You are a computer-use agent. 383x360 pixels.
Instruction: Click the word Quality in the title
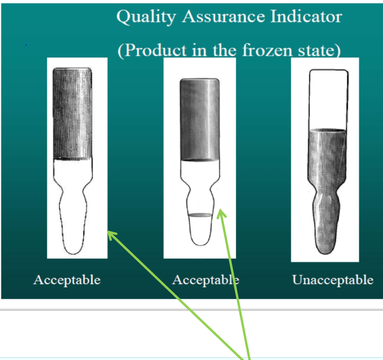tap(146, 18)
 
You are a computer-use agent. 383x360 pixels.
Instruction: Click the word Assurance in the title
tap(223, 17)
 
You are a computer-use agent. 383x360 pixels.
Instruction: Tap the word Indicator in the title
tap(307, 17)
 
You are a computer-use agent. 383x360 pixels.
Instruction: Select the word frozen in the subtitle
tap(267, 50)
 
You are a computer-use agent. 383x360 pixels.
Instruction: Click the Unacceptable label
tap(333, 280)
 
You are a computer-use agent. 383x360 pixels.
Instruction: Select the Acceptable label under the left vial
tap(67, 280)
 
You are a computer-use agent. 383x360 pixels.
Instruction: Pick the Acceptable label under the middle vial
tap(206, 280)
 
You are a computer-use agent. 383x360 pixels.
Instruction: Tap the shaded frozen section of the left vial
tap(72, 114)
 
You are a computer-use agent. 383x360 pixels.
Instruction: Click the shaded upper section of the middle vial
tap(199, 120)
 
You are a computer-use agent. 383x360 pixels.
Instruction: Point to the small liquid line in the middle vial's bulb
tap(200, 215)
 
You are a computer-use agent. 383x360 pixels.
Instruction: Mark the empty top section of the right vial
tap(328, 99)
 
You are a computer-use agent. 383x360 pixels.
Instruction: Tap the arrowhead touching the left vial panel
tap(111, 235)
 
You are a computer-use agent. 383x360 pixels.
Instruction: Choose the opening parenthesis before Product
tap(120, 51)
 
